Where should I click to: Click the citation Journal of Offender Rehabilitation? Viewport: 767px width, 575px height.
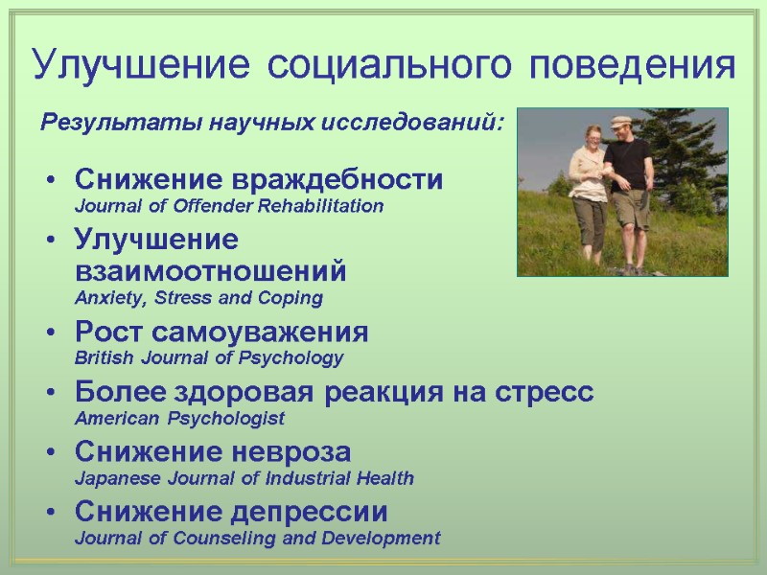click(x=228, y=206)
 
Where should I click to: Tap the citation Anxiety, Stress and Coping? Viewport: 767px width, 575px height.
click(x=198, y=298)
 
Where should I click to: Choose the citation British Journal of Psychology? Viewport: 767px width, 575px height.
click(x=208, y=358)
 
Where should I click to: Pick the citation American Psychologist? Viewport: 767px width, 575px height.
click(x=179, y=419)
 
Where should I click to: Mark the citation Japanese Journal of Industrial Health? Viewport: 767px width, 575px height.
click(x=244, y=477)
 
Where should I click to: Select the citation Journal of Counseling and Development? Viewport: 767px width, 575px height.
click(x=257, y=538)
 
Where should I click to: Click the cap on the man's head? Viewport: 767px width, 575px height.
click(x=620, y=121)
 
